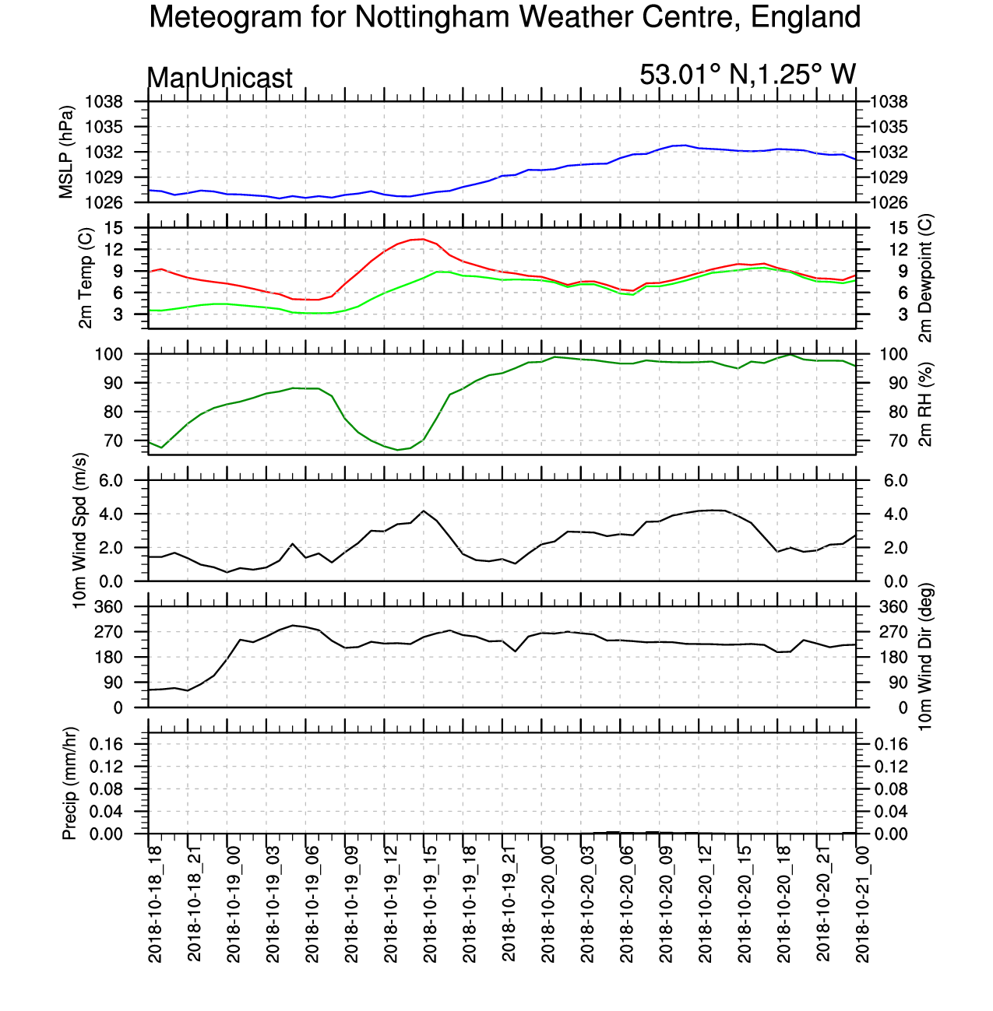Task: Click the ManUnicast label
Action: [x=220, y=78]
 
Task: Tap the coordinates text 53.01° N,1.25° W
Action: [x=748, y=75]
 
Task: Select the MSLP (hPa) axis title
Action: [x=67, y=152]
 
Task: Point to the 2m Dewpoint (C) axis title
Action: [x=925, y=278]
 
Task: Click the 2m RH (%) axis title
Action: [x=925, y=404]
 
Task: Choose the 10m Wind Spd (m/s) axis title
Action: [x=79, y=531]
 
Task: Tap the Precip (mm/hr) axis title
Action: [x=69, y=783]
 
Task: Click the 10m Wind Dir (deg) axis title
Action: [x=925, y=657]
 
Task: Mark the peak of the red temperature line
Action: [x=423, y=239]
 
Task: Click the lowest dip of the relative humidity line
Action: [x=397, y=450]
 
